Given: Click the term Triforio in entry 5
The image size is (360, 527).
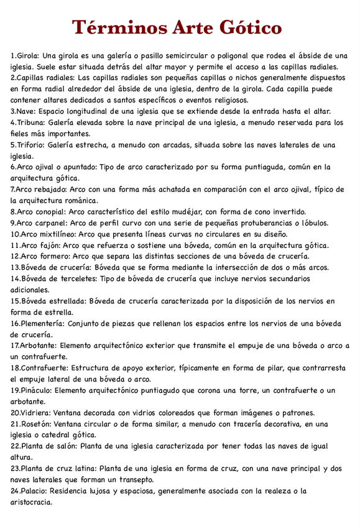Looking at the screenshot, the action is pos(34,145).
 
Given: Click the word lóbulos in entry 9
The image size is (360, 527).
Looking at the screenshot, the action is pos(313,222).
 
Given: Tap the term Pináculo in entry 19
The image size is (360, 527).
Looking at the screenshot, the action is pos(36,390).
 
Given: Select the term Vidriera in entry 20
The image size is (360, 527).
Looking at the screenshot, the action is pos(35,413).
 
